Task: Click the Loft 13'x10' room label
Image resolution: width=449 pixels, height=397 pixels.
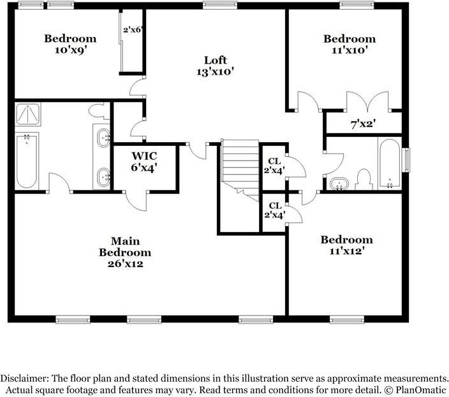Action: coord(216,66)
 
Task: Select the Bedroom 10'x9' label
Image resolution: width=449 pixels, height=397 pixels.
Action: coord(70,44)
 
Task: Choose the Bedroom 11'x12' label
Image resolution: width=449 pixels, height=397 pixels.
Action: coord(346,245)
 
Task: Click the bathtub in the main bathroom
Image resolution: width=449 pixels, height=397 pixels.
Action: coord(27,160)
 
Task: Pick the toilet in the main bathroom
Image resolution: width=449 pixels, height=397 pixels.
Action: coord(98,112)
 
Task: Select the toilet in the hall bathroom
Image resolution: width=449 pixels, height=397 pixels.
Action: coord(364,179)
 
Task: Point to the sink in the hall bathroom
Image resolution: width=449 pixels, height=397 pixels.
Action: coord(340,184)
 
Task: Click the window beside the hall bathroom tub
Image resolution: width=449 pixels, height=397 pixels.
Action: coord(406,159)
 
